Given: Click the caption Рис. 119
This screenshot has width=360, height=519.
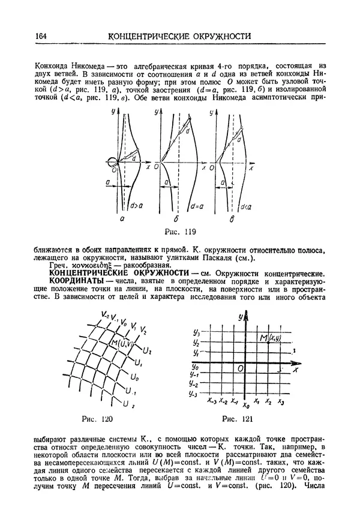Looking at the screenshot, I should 179,230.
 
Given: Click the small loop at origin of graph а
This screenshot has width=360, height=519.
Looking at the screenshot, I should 112,161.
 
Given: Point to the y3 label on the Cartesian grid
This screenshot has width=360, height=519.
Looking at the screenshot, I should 196,332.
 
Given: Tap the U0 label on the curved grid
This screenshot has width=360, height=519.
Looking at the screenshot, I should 135,379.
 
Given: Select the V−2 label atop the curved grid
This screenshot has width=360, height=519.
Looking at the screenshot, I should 104,314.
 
